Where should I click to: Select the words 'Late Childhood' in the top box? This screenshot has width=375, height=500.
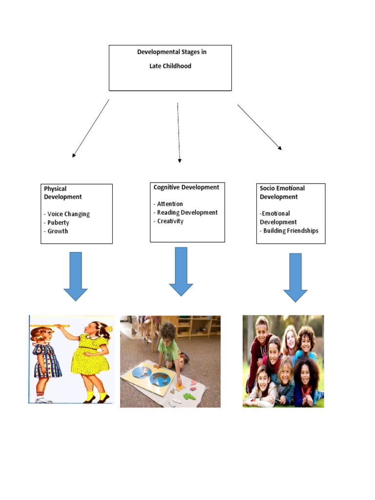point(170,66)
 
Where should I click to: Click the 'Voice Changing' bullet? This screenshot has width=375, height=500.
point(68,214)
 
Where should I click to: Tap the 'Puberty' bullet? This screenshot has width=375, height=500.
point(58,223)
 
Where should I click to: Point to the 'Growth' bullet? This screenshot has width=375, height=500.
point(58,231)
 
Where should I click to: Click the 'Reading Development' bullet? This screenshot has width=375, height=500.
point(187,212)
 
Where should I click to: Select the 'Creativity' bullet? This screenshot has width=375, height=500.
point(170,221)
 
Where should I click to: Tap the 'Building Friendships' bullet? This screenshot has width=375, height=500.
point(291,230)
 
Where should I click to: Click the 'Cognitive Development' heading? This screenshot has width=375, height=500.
point(187,187)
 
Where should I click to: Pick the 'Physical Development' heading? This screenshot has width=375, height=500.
point(62,193)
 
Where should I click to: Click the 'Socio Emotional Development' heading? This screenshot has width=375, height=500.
point(282,192)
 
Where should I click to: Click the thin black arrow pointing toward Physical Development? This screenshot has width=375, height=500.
point(91,128)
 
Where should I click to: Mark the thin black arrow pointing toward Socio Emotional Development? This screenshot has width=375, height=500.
point(259,126)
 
